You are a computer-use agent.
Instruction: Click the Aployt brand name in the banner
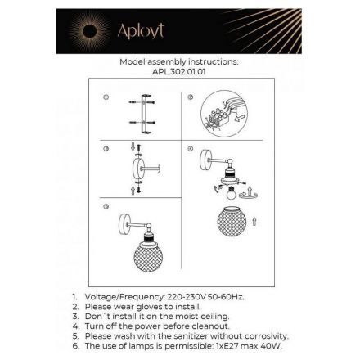[x=141, y=31]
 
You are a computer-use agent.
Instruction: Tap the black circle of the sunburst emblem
[x=90, y=31]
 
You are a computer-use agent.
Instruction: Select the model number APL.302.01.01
[x=179, y=72]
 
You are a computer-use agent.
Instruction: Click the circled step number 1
[x=106, y=97]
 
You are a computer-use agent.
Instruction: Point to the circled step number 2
[x=191, y=97]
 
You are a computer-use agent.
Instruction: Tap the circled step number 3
[x=106, y=149]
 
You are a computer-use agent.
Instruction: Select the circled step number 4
[x=191, y=149]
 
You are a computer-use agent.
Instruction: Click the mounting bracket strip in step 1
[x=144, y=114]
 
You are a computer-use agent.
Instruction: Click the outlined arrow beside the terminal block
[x=239, y=119]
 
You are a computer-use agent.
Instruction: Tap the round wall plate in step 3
[x=139, y=169]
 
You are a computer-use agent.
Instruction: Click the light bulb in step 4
[x=232, y=192]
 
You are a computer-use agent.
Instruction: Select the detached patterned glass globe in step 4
[x=232, y=221]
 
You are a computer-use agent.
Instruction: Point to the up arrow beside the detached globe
[x=254, y=221]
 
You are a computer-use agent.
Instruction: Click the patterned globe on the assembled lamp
[x=148, y=257]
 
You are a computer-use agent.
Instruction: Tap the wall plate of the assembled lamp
[x=124, y=225]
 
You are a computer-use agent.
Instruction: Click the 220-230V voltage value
[x=187, y=297]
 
